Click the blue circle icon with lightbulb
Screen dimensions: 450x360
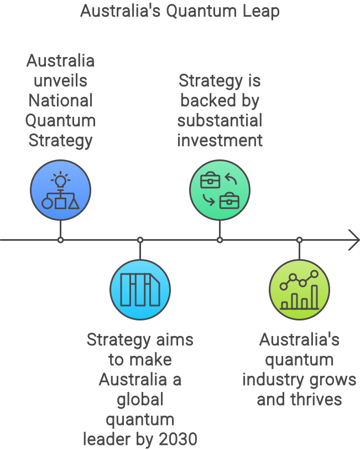point(60,190)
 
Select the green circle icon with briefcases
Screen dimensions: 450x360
point(220,190)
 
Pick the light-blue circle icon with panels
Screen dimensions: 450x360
point(140,289)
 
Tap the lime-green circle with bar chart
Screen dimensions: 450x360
point(299,289)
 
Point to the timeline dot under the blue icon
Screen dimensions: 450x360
point(60,240)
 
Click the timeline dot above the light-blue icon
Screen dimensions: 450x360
point(140,240)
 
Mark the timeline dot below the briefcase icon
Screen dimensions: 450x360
point(220,240)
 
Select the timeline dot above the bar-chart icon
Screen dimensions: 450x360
point(299,240)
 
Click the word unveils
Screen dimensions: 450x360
point(60,81)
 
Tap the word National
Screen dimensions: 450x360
point(60,101)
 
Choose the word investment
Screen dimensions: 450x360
point(220,141)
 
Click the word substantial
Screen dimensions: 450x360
point(220,121)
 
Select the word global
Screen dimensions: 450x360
point(140,400)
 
